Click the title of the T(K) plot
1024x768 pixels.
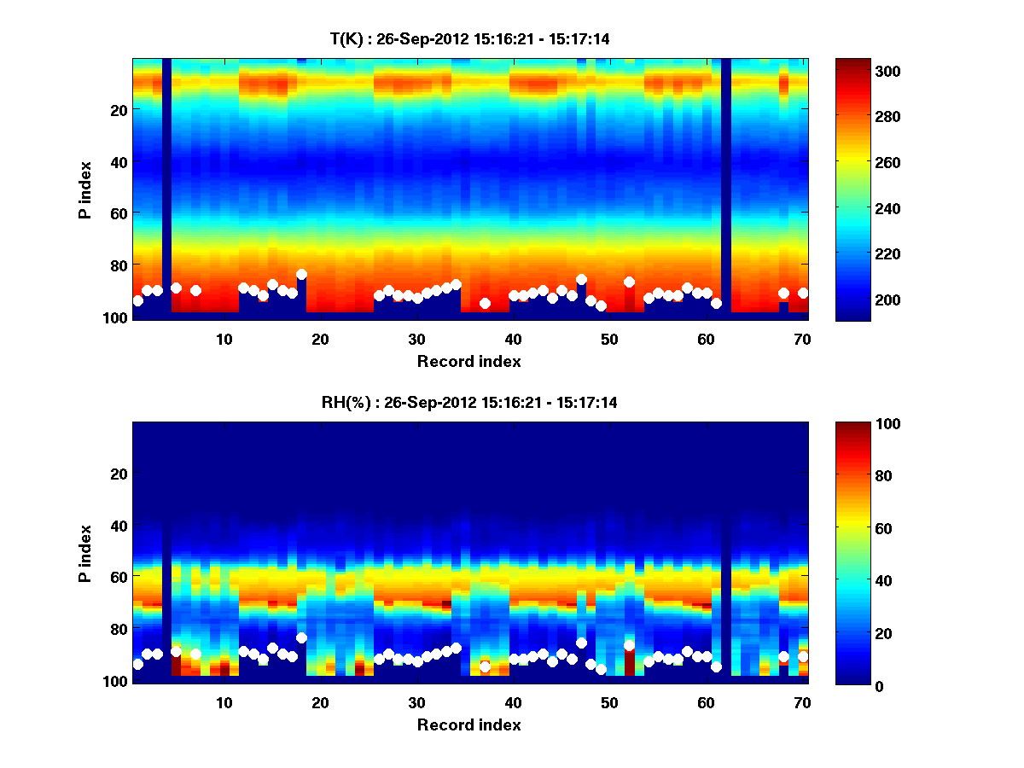tap(469, 38)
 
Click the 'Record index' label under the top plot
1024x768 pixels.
tap(469, 361)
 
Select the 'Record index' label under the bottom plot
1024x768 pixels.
tap(469, 724)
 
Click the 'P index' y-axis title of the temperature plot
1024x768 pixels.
tap(85, 189)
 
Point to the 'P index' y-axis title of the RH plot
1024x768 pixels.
tap(85, 553)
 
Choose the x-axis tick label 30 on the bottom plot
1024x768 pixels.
tap(416, 702)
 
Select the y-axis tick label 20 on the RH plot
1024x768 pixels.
tap(119, 474)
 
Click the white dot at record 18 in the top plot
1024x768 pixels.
tap(301, 275)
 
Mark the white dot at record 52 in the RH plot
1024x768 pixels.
tap(629, 646)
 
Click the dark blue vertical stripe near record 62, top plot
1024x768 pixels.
tap(726, 188)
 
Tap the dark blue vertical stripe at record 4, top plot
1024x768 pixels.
tap(167, 188)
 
